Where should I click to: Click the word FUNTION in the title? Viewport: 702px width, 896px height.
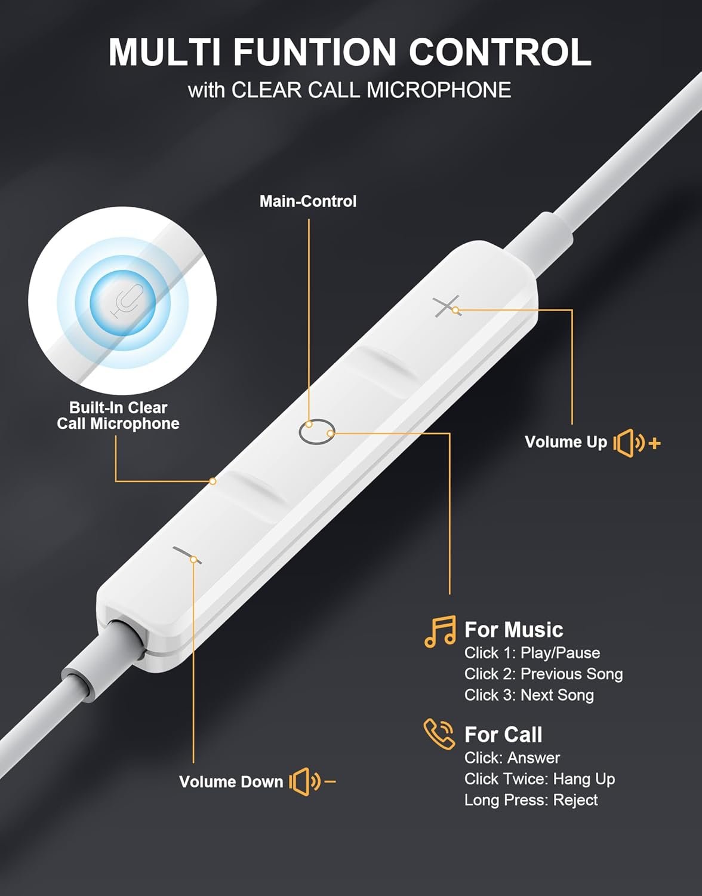pyautogui.click(x=315, y=52)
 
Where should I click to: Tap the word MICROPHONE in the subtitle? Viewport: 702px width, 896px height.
pyautogui.click(x=439, y=90)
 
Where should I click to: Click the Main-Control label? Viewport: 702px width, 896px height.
pyautogui.click(x=308, y=201)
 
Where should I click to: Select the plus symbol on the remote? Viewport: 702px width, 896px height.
pyautogui.click(x=447, y=306)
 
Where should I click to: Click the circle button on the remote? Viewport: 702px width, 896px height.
pyautogui.click(x=316, y=432)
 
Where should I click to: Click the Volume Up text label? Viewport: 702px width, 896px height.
pyautogui.click(x=566, y=442)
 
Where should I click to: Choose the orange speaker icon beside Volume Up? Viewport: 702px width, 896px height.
pyautogui.click(x=637, y=443)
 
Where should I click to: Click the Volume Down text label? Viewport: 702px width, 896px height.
pyautogui.click(x=232, y=782)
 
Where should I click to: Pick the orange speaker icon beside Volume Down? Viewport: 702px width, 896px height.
pyautogui.click(x=312, y=782)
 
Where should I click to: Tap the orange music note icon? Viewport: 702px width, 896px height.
pyautogui.click(x=441, y=632)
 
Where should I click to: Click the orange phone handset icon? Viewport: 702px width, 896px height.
pyautogui.click(x=439, y=734)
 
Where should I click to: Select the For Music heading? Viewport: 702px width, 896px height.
pyautogui.click(x=514, y=630)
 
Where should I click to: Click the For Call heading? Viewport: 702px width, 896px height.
pyautogui.click(x=503, y=734)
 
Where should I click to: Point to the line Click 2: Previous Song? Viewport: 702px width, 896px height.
pyautogui.click(x=544, y=674)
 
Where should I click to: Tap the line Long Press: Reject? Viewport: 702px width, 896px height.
pyautogui.click(x=531, y=800)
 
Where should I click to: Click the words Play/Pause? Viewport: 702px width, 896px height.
pyautogui.click(x=561, y=653)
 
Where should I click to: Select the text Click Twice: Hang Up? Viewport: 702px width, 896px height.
pyautogui.click(x=540, y=779)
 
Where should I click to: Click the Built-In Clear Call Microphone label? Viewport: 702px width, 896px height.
pyautogui.click(x=118, y=416)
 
